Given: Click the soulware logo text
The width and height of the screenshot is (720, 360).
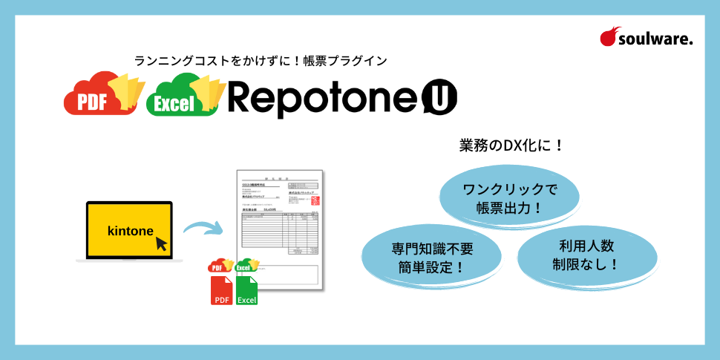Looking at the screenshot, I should (x=656, y=40).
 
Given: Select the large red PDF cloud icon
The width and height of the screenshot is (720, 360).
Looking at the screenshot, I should (x=92, y=95).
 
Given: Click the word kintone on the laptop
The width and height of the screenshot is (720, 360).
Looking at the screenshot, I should (x=130, y=230).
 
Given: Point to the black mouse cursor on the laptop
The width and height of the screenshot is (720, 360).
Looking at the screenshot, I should (x=161, y=243).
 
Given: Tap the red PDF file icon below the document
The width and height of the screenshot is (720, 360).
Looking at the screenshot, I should (x=221, y=290).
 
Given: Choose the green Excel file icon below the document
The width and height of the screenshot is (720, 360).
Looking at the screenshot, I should (x=247, y=290).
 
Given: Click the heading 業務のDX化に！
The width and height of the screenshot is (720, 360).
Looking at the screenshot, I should (x=512, y=145).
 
